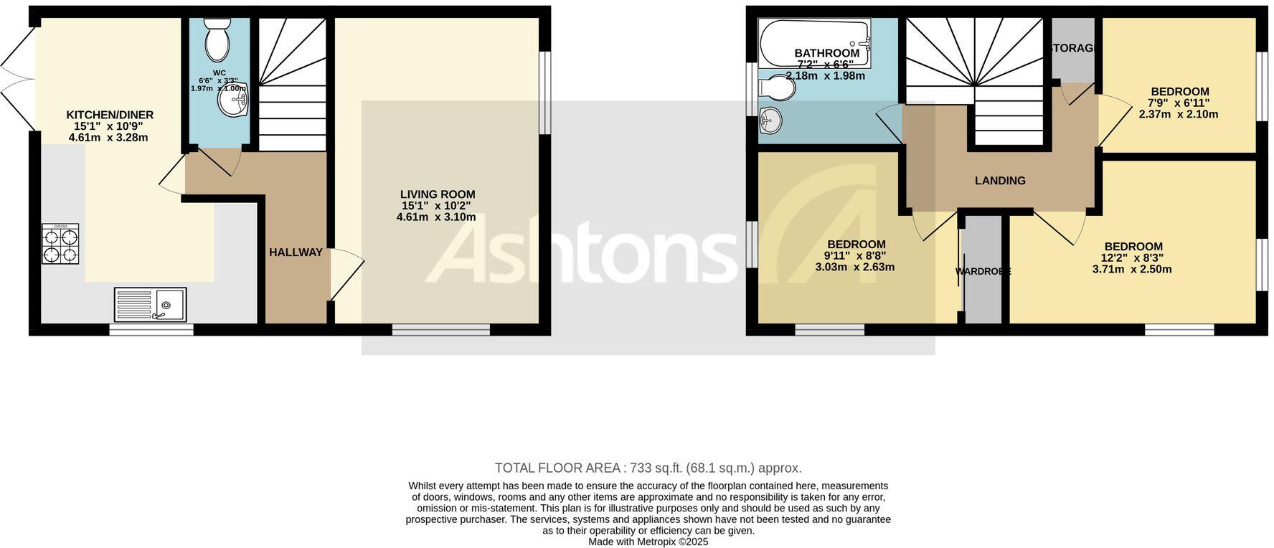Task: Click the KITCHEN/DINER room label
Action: point(110,115)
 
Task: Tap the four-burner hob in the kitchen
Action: point(60,244)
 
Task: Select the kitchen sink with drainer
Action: point(150,304)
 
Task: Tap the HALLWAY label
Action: point(296,252)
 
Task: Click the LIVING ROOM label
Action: point(438,194)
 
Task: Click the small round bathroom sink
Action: point(770,120)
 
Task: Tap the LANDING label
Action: point(1000,181)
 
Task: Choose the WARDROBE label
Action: point(983,272)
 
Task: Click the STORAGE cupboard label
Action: point(1074,49)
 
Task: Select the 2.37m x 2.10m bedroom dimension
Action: point(1179,114)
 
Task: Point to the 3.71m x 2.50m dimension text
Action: point(1132,270)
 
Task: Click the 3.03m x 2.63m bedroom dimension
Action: point(855,268)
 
